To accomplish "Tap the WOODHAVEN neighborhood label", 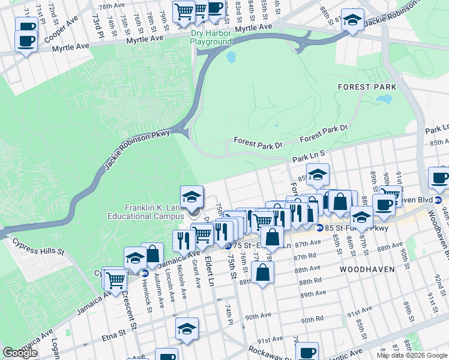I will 367,269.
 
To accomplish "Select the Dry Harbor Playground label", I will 211,38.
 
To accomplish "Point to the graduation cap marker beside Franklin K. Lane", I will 191,197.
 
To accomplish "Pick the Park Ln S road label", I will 309,157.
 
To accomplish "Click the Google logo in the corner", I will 20,353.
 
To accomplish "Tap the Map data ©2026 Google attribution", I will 412,355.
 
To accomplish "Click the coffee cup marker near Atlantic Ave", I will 307,352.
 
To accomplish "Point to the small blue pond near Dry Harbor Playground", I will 231,58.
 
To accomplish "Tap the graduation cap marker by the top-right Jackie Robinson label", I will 352,20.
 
